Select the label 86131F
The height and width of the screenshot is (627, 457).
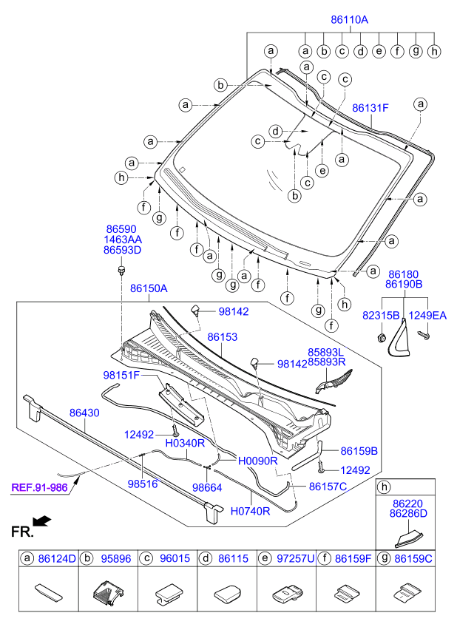click(370, 108)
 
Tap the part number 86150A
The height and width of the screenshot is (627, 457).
click(149, 288)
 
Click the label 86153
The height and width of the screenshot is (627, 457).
click(222, 336)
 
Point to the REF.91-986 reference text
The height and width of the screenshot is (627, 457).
click(38, 487)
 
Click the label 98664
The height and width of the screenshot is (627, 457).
click(207, 488)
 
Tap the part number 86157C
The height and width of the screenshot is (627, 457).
click(328, 487)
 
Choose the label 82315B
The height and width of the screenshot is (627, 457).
click(382, 316)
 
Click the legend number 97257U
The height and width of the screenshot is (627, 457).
click(293, 560)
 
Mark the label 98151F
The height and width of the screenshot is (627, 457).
click(121, 376)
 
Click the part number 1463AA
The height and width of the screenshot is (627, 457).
click(122, 240)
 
